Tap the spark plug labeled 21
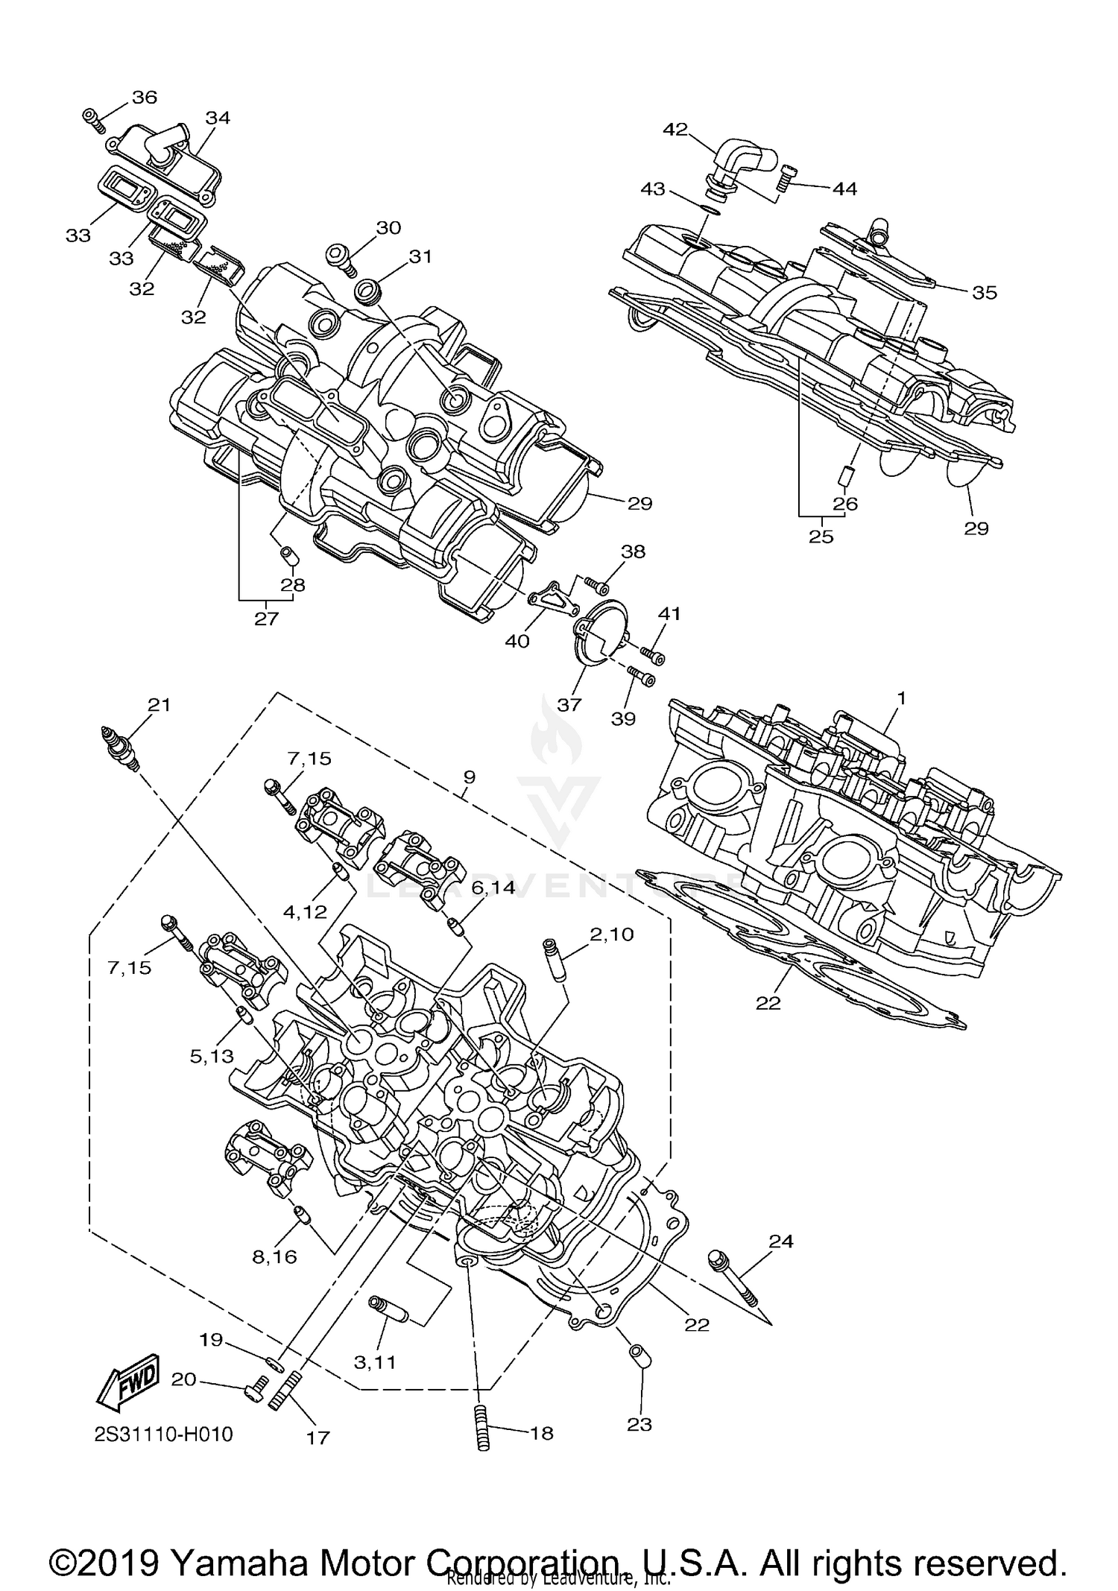[x=119, y=750]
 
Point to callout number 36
[x=145, y=97]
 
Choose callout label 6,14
[x=493, y=888]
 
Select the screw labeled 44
[x=786, y=178]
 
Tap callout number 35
[x=984, y=293]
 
